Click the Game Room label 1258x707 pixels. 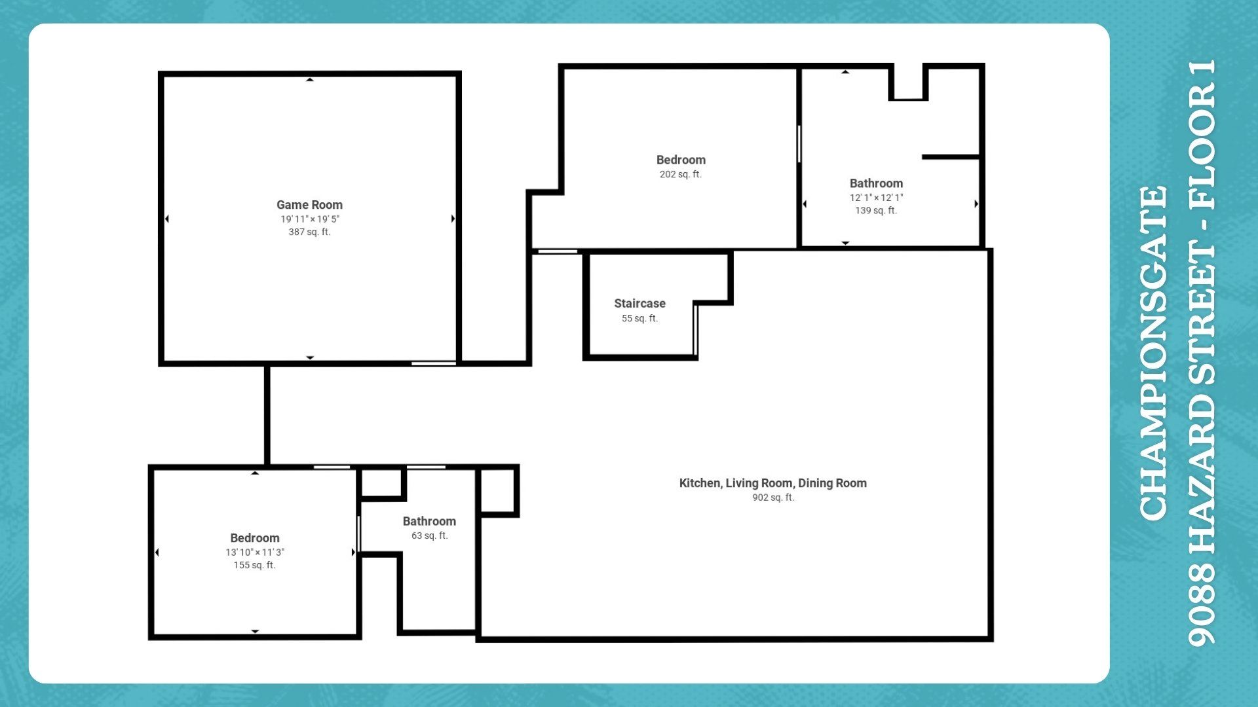click(309, 205)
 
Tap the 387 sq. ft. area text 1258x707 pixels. click(309, 232)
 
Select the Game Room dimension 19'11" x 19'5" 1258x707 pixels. click(310, 219)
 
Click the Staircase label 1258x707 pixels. click(639, 303)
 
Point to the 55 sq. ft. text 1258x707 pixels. click(639, 318)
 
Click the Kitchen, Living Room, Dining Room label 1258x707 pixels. click(772, 483)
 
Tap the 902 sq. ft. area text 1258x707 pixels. click(772, 498)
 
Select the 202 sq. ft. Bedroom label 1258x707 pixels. click(681, 160)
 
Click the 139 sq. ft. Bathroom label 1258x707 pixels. click(876, 183)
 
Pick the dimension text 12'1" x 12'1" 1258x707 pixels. click(876, 197)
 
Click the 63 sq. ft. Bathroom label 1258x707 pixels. click(429, 521)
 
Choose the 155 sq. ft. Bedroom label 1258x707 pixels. click(254, 538)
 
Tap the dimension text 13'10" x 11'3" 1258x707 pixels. click(254, 552)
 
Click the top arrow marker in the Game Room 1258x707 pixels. click(310, 80)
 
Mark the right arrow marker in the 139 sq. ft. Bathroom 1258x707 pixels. click(976, 204)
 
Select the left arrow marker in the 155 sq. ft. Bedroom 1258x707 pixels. click(157, 553)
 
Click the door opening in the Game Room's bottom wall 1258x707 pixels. click(433, 363)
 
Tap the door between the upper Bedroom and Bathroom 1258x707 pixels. click(799, 143)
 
